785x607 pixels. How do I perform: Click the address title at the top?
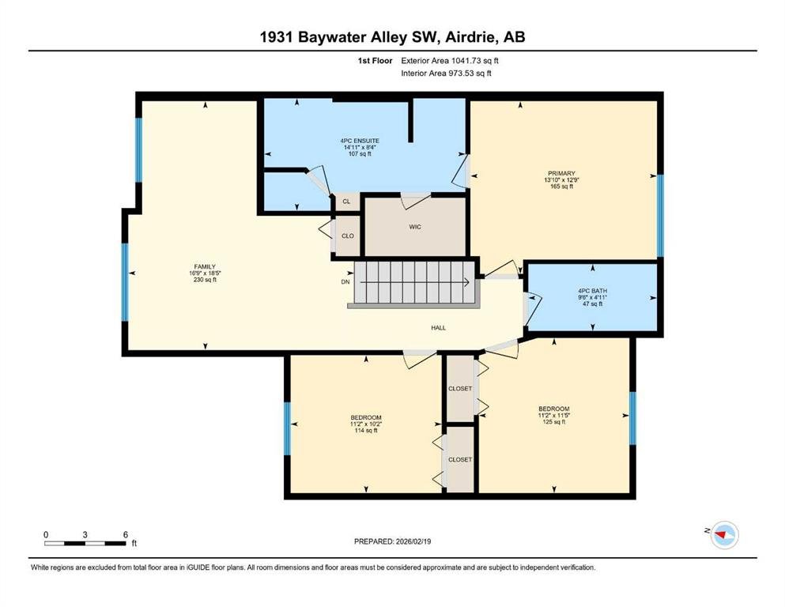point(392,37)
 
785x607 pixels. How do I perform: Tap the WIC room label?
point(415,227)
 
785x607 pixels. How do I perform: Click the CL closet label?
point(346,202)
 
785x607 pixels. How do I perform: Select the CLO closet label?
point(348,236)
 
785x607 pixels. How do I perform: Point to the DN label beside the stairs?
point(345,282)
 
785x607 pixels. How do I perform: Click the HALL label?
point(439,328)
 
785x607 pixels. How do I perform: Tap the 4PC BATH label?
point(593,291)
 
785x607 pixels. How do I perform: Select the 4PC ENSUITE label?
point(360,141)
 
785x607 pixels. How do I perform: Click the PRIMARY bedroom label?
point(562,173)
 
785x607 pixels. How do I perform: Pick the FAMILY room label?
point(205,266)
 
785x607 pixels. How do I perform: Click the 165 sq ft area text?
point(562,187)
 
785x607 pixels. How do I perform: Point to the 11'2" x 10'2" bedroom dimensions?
point(366,424)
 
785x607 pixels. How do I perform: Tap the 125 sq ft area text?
point(554,422)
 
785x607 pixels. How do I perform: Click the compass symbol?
point(724,535)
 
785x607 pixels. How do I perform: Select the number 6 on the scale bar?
point(126,534)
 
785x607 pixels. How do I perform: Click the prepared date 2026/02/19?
point(413,541)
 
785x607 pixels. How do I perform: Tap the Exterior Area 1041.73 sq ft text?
point(450,61)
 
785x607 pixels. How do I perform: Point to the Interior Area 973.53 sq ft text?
point(446,73)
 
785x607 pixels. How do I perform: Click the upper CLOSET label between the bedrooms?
point(460,388)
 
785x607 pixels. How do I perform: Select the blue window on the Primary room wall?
point(660,215)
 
